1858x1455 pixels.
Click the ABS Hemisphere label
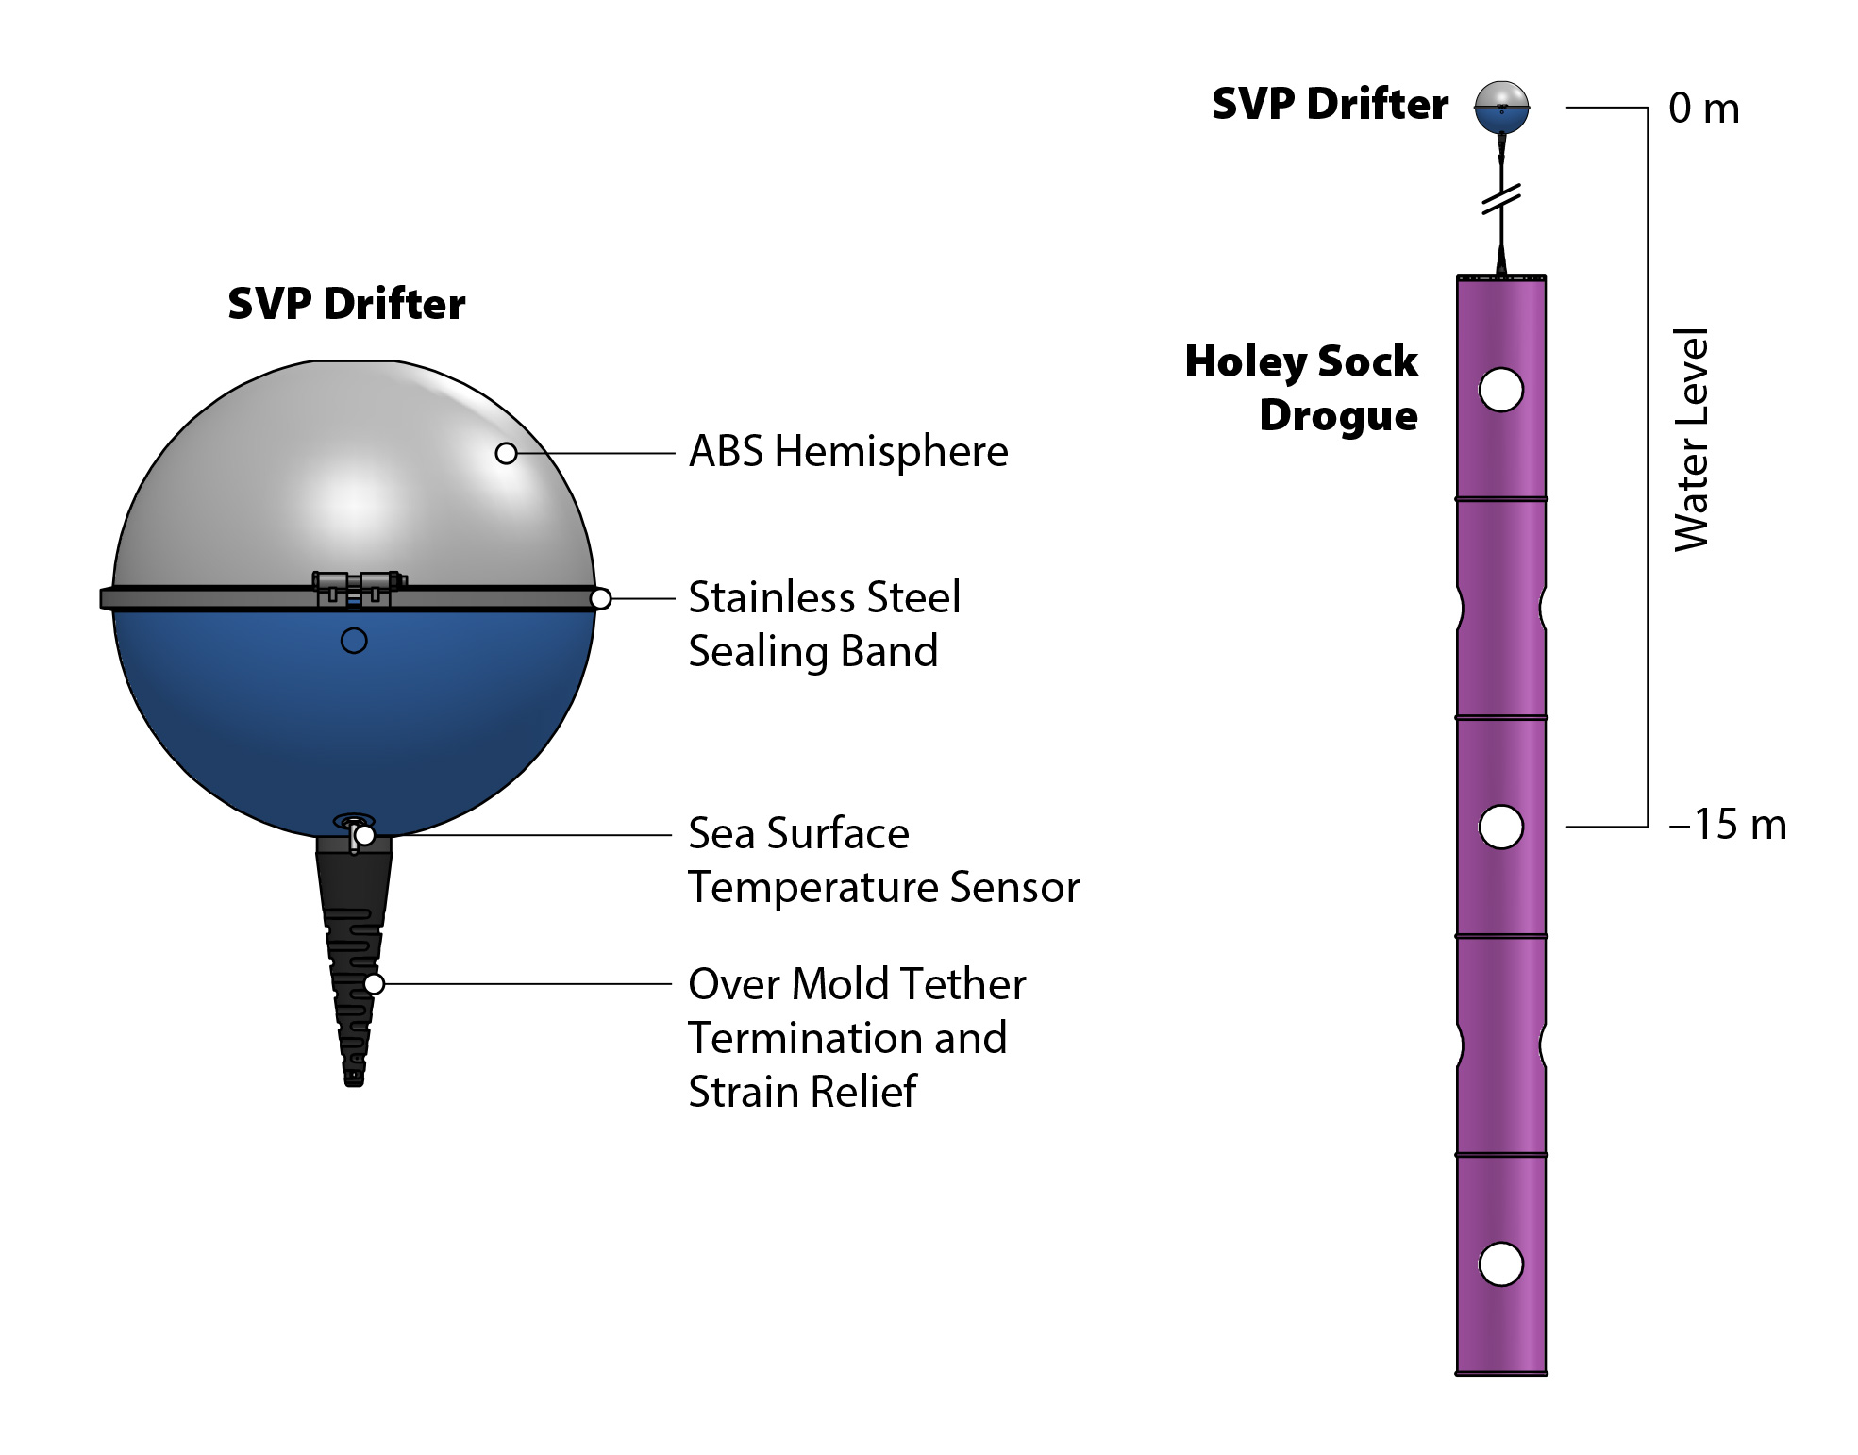pyautogui.click(x=847, y=452)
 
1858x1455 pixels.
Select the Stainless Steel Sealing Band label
pyautogui.click(x=824, y=624)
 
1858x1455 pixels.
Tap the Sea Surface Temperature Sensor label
pyautogui.click(x=882, y=860)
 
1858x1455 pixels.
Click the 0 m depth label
pyautogui.click(x=1703, y=109)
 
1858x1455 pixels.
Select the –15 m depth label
pyautogui.click(x=1727, y=825)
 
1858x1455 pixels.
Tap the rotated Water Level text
pyautogui.click(x=1691, y=440)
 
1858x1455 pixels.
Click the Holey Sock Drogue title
pyautogui.click(x=1301, y=388)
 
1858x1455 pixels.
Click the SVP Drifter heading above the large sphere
pyautogui.click(x=346, y=304)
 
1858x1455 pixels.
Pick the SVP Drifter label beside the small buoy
pyautogui.click(x=1329, y=104)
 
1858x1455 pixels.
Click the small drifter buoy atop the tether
pyautogui.click(x=1500, y=108)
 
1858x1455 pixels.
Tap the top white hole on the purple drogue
pyautogui.click(x=1500, y=390)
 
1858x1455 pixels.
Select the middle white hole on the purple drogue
pyautogui.click(x=1500, y=827)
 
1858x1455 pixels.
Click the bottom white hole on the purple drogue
pyautogui.click(x=1500, y=1264)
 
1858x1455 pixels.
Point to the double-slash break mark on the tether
pyautogui.click(x=1500, y=199)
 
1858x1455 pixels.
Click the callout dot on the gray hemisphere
pyautogui.click(x=506, y=454)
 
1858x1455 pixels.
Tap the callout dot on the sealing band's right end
pyautogui.click(x=600, y=599)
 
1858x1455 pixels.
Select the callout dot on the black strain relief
pyautogui.click(x=374, y=984)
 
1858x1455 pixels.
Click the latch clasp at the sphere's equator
pyautogui.click(x=358, y=587)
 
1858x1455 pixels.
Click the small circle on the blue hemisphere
pyautogui.click(x=354, y=641)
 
